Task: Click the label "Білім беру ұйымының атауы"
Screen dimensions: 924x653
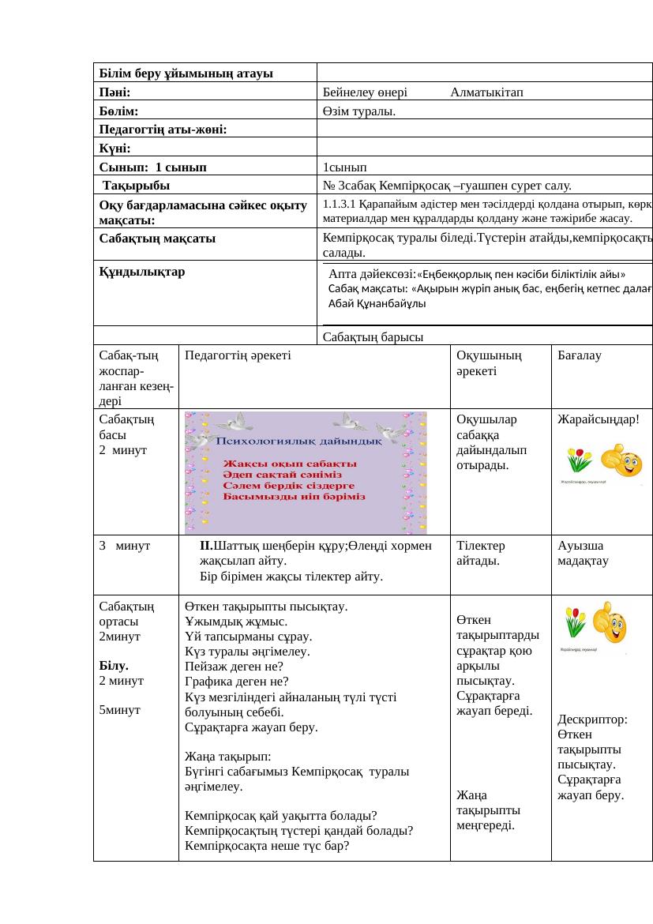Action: (x=186, y=73)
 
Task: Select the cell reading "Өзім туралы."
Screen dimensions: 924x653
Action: (x=359, y=111)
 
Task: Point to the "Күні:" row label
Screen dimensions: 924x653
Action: (x=115, y=148)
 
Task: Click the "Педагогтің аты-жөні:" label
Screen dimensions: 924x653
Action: (x=163, y=130)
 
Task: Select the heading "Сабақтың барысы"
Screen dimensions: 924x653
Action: (x=373, y=337)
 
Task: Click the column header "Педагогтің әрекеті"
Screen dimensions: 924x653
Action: (x=238, y=355)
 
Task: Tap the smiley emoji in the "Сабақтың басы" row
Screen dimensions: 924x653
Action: (x=621, y=461)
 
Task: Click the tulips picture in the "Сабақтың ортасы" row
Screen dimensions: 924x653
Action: (x=575, y=622)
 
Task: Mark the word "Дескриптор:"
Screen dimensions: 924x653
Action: (x=592, y=720)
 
